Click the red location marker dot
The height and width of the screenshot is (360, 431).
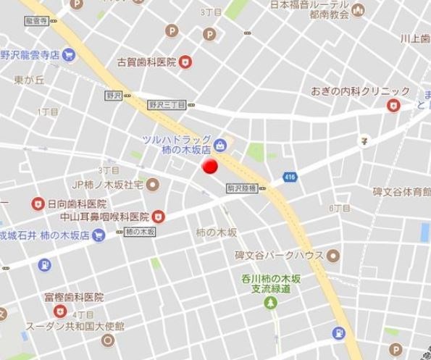209,167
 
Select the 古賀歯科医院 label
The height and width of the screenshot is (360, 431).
147,62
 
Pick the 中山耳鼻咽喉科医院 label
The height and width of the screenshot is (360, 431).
104,216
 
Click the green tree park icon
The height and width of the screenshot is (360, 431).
273,305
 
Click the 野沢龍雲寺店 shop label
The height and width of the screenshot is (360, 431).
29,54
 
